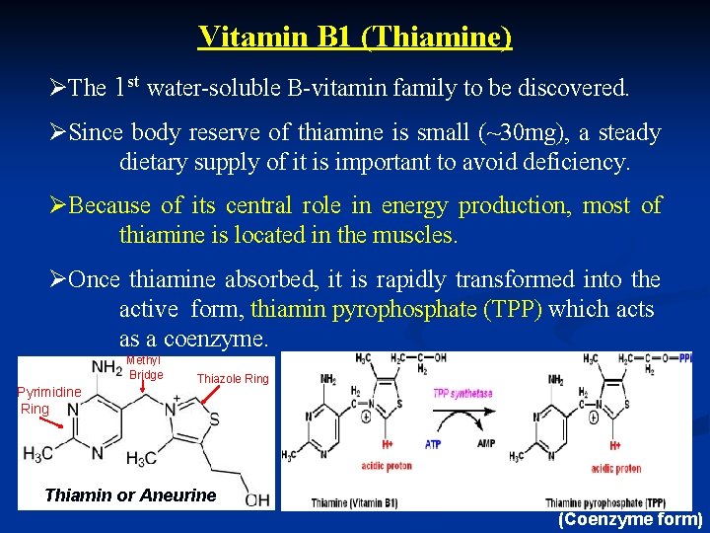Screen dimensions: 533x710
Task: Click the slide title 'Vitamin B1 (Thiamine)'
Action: (355, 37)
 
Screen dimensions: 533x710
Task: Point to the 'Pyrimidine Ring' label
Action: (49, 400)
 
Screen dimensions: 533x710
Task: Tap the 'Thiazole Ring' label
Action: (233, 379)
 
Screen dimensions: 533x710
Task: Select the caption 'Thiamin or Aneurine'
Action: (130, 495)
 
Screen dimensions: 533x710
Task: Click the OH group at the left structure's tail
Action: (257, 499)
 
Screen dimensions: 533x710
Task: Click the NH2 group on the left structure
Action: (106, 367)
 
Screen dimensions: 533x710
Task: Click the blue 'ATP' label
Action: (432, 444)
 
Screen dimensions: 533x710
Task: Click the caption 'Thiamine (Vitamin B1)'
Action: (354, 503)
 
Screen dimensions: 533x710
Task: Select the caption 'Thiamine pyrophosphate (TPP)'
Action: (604, 503)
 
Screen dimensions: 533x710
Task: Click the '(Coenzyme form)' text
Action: (630, 519)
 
